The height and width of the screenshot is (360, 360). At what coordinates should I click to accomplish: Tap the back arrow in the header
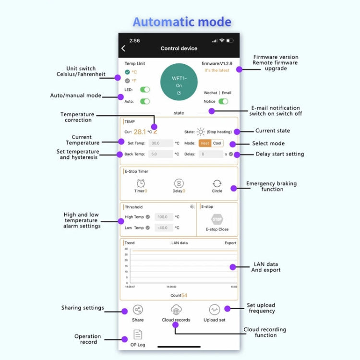[123, 48]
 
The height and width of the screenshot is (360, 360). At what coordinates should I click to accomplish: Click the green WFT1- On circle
[179, 82]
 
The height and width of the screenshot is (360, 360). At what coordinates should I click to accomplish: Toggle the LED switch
[144, 90]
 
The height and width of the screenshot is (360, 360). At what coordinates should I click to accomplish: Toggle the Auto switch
[144, 101]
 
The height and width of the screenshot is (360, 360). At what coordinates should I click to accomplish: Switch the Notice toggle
[223, 101]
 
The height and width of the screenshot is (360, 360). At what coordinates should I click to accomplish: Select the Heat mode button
[205, 143]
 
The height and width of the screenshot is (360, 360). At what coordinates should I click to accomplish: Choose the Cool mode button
[217, 143]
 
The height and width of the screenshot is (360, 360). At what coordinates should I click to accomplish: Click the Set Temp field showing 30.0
[161, 143]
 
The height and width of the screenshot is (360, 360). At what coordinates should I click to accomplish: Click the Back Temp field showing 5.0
[161, 154]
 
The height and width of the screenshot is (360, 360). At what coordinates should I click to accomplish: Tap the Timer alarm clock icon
[141, 183]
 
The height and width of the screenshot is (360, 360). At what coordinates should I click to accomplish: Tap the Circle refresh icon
[217, 183]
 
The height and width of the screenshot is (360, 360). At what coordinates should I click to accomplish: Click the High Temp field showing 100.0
[164, 217]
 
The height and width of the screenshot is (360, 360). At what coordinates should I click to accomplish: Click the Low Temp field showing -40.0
[164, 228]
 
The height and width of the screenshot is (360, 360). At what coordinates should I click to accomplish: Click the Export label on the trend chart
[230, 243]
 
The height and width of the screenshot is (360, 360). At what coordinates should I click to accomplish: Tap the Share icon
[138, 310]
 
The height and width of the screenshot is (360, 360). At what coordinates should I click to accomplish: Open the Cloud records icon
[176, 310]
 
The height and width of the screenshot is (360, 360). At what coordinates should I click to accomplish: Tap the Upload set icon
[215, 310]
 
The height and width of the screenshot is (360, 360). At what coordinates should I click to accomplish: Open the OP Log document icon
[138, 335]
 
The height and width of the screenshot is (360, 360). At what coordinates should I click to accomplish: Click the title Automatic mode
[182, 22]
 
